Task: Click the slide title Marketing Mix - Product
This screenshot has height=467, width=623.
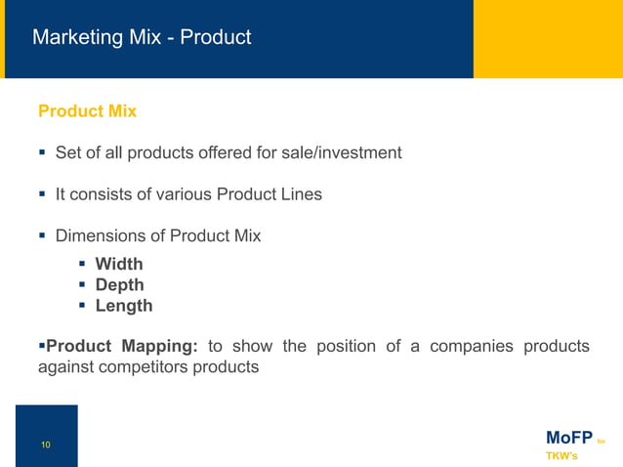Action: point(142,38)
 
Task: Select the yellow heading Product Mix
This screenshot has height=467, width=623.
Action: point(87,111)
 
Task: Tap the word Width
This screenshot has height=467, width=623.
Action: point(119,264)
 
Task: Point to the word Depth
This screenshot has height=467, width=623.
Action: point(119,284)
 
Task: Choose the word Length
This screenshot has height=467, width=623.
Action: point(124,305)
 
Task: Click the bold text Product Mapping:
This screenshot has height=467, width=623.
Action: point(123,346)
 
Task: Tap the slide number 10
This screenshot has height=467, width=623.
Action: point(45,446)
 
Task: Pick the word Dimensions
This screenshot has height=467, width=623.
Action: point(101,235)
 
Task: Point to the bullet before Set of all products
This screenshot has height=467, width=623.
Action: point(43,152)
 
